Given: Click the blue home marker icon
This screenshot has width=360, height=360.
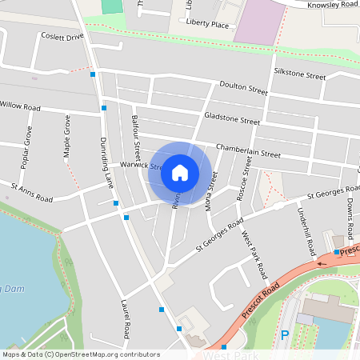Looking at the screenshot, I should pos(180,173).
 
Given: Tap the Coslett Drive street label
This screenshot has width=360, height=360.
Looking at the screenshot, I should pos(63,37).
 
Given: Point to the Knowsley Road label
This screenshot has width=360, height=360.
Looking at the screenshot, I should pos(335,4).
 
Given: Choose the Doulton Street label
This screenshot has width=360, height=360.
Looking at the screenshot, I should pos(244,90).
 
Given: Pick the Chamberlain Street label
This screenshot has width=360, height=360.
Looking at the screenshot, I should pos(248,150).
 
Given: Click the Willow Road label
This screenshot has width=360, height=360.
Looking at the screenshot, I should pos(20,106).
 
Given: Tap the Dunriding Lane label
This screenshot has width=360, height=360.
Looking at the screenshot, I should pos(107,162).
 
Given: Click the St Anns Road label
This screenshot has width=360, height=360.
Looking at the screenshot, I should pos(32,193).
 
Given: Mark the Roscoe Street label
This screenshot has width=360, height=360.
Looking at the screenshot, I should pos(247,178).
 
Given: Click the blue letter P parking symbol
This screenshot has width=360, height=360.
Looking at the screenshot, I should pos(284,336).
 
